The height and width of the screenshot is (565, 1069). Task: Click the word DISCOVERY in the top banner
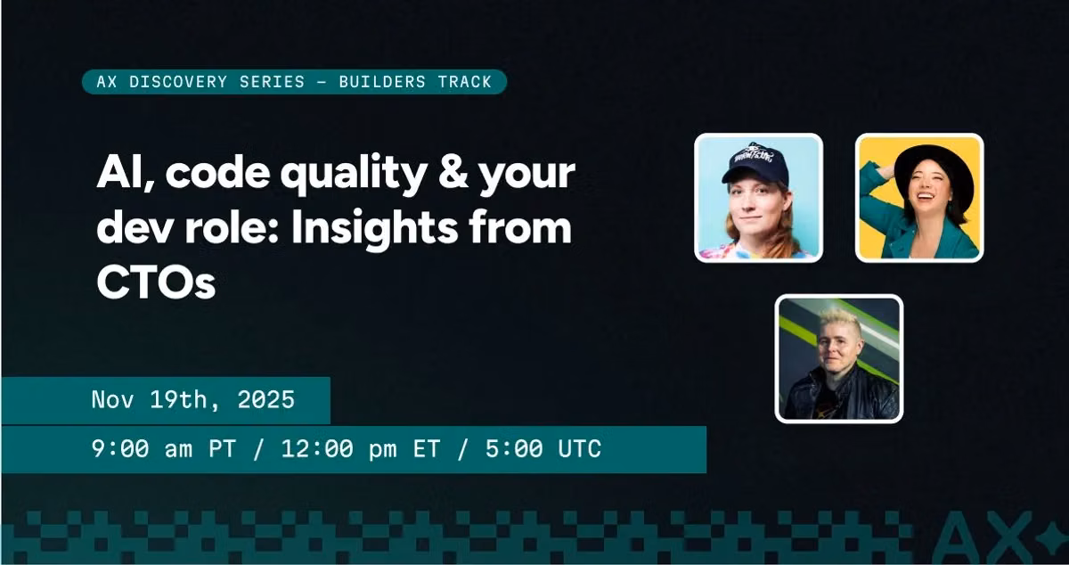click(178, 82)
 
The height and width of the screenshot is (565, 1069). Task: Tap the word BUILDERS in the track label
click(382, 82)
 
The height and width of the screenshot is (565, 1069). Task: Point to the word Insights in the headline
click(374, 228)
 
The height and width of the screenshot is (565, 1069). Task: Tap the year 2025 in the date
click(265, 399)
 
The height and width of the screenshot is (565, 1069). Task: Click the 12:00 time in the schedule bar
click(317, 449)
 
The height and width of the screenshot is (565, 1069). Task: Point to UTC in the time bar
click(579, 449)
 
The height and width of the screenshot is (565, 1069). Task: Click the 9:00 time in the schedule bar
click(120, 449)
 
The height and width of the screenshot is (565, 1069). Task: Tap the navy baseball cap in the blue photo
click(755, 162)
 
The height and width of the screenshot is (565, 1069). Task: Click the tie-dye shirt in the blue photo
click(756, 250)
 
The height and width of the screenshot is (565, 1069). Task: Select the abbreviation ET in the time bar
click(426, 449)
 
